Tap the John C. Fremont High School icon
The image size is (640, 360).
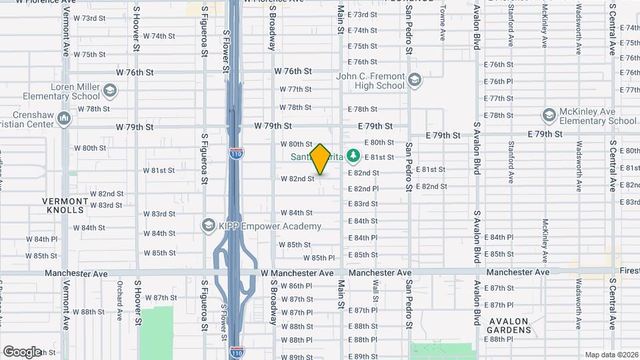(415, 80)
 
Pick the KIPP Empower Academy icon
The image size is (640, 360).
(209, 225)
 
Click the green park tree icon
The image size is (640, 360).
(354, 157)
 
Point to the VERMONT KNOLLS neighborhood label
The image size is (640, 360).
(65, 205)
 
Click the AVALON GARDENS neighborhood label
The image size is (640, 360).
(508, 325)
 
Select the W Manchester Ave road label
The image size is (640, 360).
(297, 273)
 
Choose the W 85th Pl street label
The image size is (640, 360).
(319, 258)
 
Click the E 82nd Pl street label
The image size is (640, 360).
(363, 189)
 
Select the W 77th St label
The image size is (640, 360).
(295, 89)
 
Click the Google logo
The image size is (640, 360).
(22, 352)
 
